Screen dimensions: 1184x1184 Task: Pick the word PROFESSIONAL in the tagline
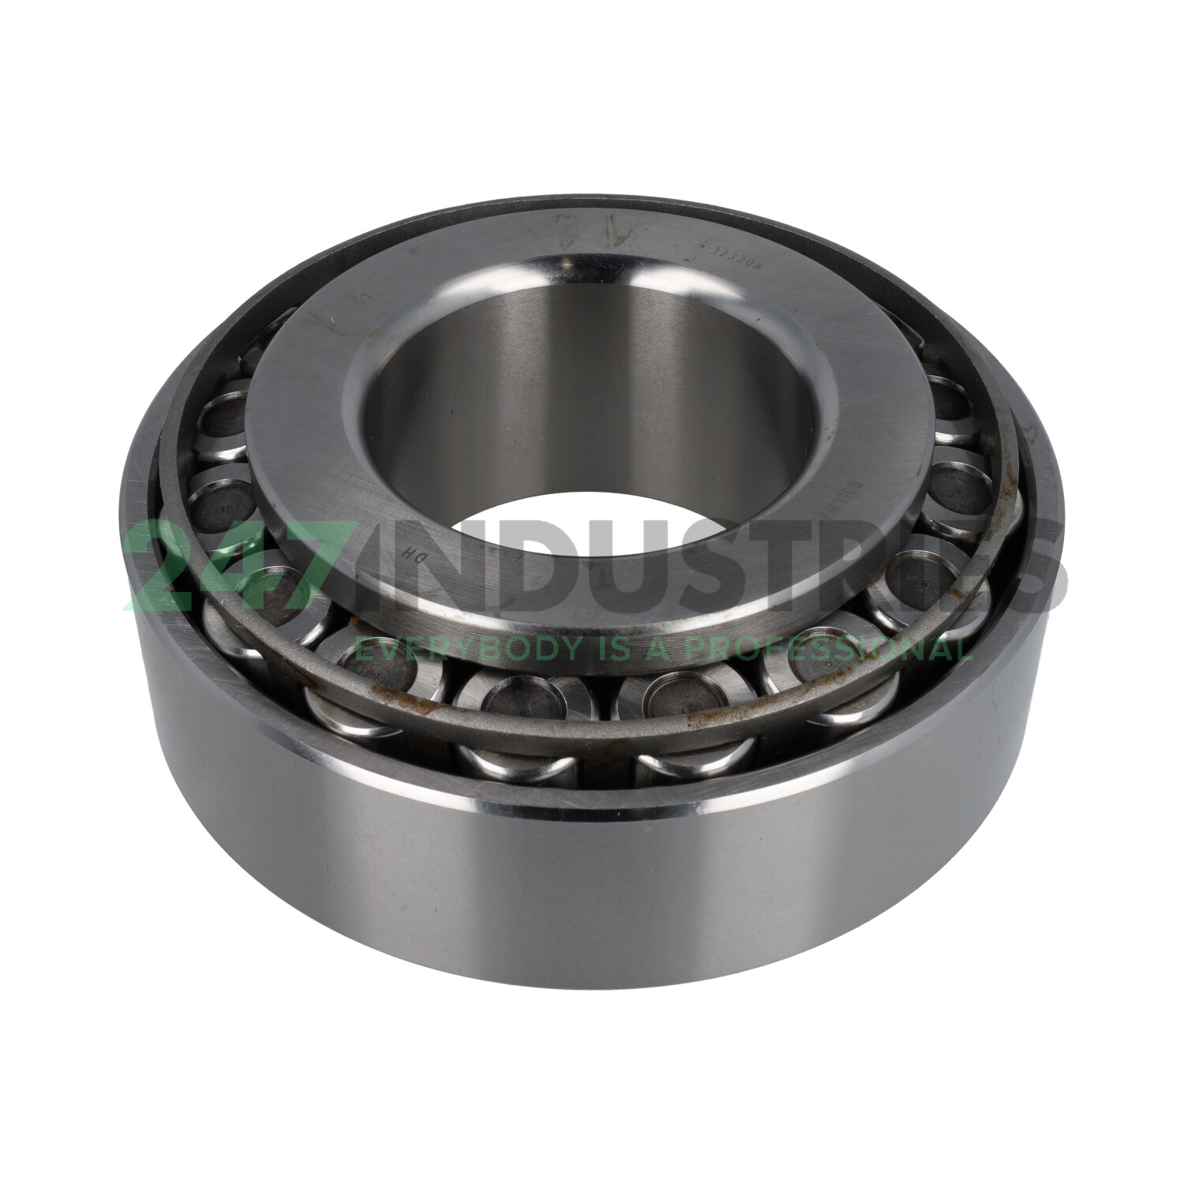827,649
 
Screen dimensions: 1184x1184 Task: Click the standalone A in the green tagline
661,649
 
